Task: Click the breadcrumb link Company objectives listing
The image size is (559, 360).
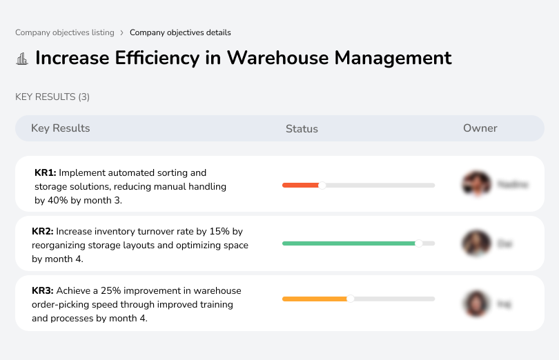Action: pos(65,32)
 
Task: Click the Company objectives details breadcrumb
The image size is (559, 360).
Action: pos(180,32)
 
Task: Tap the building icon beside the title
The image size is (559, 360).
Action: pos(22,59)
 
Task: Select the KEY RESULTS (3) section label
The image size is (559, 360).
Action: pos(52,97)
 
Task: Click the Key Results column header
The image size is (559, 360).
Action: pos(60,128)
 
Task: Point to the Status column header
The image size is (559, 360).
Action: pos(302,128)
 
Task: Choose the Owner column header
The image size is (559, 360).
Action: pos(480,128)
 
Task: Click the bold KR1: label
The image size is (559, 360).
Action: pos(45,173)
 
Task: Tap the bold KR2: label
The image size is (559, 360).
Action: pos(43,232)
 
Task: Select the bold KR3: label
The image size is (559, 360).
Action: pos(43,291)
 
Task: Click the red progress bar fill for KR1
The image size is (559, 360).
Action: pos(300,185)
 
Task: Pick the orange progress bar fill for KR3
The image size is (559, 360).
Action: pos(315,299)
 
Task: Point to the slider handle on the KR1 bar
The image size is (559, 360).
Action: pos(322,185)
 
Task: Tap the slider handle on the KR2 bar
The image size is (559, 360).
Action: pos(418,243)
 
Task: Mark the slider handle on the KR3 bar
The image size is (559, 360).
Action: pos(351,299)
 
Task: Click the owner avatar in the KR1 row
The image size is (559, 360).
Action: pos(476,184)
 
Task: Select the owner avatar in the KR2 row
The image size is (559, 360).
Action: pos(476,243)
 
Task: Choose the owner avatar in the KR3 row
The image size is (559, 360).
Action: pos(476,303)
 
